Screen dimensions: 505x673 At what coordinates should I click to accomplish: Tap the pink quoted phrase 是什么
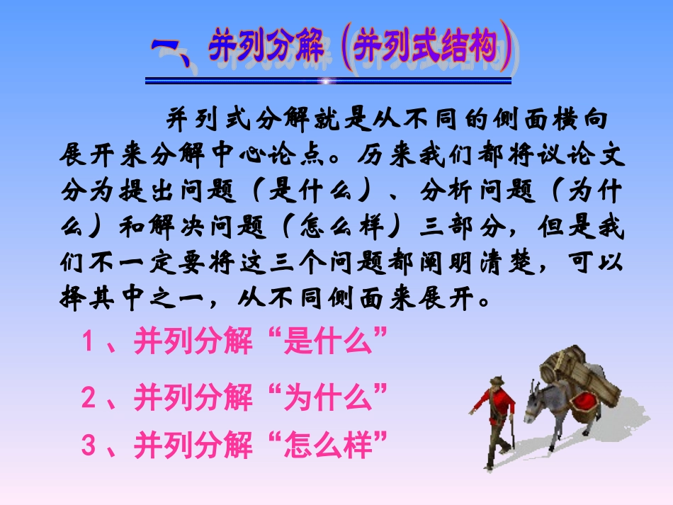coord(327,343)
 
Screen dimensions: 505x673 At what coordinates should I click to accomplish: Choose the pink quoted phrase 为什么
coord(327,399)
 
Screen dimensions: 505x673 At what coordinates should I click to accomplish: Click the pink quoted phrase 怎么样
coord(327,446)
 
